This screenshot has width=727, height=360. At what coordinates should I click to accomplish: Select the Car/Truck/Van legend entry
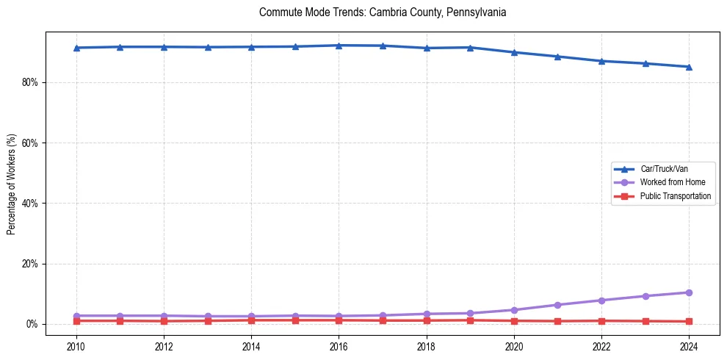pos(664,169)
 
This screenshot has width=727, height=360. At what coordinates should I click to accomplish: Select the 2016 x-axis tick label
pos(339,345)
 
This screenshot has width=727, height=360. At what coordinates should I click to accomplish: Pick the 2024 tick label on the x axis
pos(689,345)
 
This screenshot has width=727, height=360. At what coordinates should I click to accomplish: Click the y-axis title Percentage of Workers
pos(11,184)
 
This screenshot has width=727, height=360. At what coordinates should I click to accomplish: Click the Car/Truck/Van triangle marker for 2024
pos(689,67)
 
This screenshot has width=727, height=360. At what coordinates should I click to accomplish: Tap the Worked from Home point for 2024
pos(689,292)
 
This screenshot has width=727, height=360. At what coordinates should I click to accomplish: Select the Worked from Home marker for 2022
pos(601,300)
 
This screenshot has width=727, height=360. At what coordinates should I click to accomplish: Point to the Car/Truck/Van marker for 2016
pos(339,46)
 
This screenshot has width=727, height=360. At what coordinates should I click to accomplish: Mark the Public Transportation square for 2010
pos(76,321)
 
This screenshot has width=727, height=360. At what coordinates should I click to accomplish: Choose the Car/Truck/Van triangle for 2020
pos(514,52)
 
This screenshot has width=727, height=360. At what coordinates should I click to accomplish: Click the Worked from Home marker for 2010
pos(76,316)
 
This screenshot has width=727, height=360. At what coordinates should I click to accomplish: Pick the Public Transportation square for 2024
pos(689,322)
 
